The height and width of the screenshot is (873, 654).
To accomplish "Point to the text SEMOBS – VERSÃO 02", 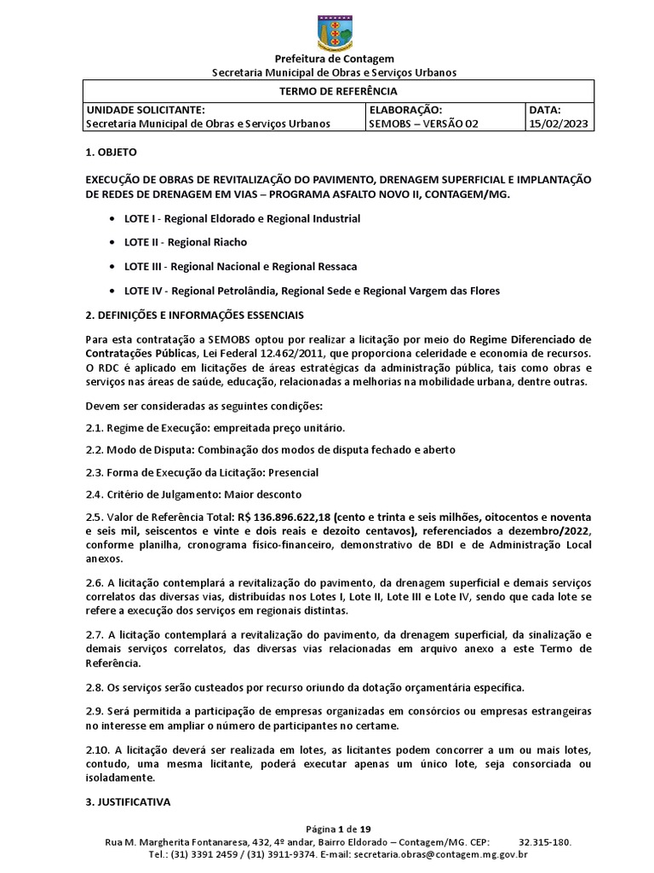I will (x=423, y=124).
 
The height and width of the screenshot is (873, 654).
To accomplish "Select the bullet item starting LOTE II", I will (x=174, y=242).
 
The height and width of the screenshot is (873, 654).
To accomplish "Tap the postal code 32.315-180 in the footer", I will (x=544, y=841).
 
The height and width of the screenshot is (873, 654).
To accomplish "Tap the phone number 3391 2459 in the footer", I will (x=217, y=853).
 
